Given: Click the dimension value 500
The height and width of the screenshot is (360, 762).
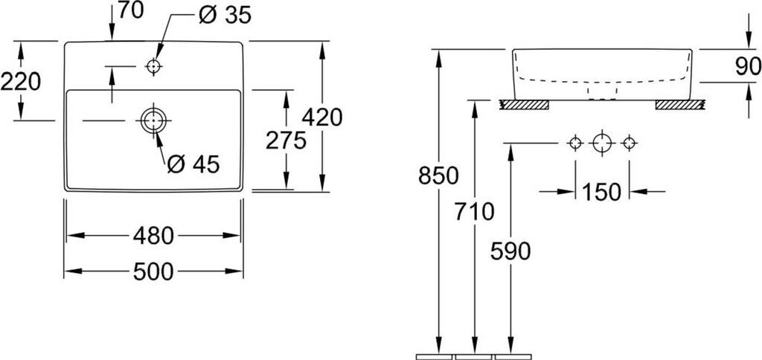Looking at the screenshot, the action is click(x=153, y=272).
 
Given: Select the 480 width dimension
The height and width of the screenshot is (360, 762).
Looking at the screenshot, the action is click(x=153, y=237).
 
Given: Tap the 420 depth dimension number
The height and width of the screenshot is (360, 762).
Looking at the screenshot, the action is click(x=322, y=118).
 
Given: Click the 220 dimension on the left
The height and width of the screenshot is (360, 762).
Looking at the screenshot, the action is click(x=20, y=81).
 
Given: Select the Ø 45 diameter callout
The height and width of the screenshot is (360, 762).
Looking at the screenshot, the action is click(x=193, y=164).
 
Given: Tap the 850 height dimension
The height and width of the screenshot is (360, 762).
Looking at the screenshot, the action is click(x=438, y=177).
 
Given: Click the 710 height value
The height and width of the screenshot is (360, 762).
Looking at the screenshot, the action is click(x=473, y=213).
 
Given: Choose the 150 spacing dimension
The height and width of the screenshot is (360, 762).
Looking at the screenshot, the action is click(x=602, y=192).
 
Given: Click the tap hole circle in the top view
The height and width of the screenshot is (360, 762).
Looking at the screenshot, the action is click(x=153, y=67).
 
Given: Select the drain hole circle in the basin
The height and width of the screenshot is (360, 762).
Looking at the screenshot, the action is click(x=153, y=120).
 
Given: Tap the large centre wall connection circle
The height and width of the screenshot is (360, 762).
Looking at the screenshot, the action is click(x=602, y=142).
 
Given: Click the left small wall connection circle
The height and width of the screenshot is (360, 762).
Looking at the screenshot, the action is click(x=574, y=142).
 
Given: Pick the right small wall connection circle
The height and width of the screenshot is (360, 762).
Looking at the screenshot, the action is click(x=630, y=142).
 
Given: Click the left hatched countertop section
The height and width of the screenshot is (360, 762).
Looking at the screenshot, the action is click(x=524, y=105).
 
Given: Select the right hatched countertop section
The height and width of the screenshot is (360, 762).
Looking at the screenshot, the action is click(x=679, y=105).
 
